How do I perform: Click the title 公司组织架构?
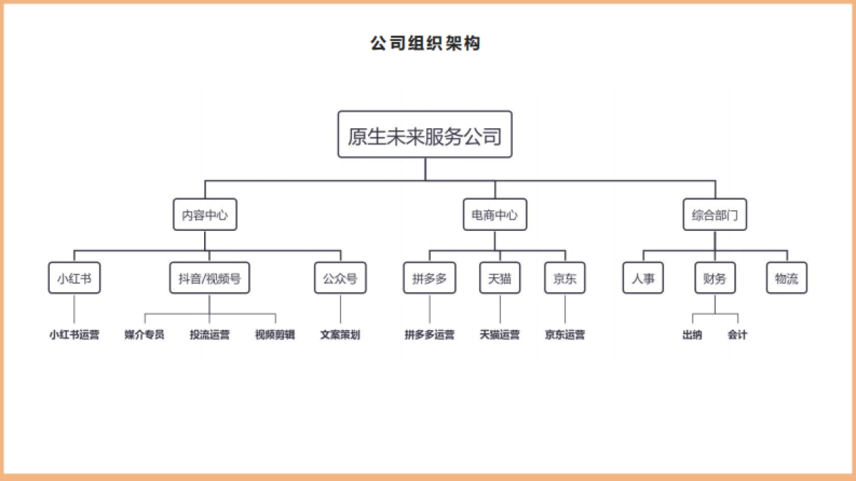[x=425, y=43]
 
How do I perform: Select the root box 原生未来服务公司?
[x=425, y=135]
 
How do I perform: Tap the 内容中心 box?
[x=205, y=214]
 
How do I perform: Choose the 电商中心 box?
[x=495, y=214]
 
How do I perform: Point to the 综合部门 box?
[x=715, y=214]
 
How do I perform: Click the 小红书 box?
[x=74, y=279]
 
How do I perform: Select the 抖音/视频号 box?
[x=210, y=279]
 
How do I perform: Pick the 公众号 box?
[x=340, y=279]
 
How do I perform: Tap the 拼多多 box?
[x=429, y=279]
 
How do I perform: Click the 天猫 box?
[x=500, y=279]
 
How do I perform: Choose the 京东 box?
[x=565, y=279]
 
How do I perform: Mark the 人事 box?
[x=643, y=279]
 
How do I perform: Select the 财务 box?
[x=715, y=279]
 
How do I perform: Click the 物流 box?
[x=787, y=279]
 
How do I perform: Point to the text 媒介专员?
[x=144, y=334]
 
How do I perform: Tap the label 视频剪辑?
[x=275, y=334]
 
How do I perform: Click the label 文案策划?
[x=340, y=334]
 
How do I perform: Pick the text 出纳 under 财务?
[x=692, y=334]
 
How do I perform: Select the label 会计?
[x=738, y=334]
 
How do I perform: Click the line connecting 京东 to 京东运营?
[x=565, y=309]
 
